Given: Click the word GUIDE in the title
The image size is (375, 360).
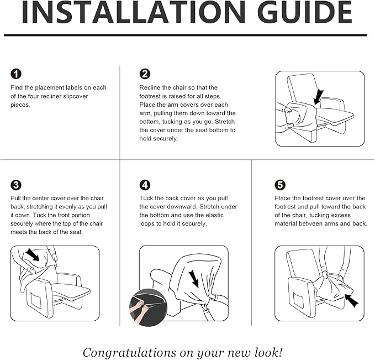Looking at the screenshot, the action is [x=306, y=12].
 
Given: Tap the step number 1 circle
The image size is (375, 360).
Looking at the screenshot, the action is [x=16, y=74].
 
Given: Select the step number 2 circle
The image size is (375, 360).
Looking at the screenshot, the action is [x=145, y=74].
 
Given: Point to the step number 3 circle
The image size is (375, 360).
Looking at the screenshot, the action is [x=16, y=185].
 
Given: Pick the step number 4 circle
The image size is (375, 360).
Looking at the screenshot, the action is [x=145, y=185].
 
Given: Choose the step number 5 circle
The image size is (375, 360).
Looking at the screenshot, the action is [x=280, y=185].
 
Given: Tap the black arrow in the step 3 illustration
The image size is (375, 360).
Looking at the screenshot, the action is [x=33, y=254].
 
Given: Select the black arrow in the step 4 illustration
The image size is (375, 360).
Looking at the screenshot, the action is [x=194, y=279].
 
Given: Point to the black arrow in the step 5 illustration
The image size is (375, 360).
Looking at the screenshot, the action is [x=352, y=301].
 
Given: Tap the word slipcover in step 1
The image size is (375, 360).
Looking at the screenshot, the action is [x=76, y=96].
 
